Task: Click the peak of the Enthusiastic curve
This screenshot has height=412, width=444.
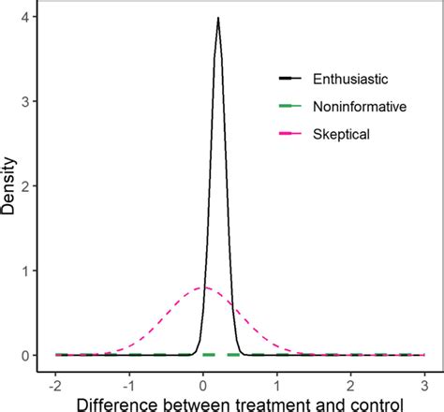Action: coord(218,19)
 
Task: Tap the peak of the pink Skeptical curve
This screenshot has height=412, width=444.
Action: coord(203,287)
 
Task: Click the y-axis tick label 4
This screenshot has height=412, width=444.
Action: coord(34,17)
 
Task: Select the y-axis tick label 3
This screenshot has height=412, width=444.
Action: coord(34,101)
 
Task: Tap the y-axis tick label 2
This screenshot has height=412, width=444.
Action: coord(34,186)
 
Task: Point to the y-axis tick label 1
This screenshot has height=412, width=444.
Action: coord(34,271)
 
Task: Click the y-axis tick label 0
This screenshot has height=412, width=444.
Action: coord(34,356)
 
